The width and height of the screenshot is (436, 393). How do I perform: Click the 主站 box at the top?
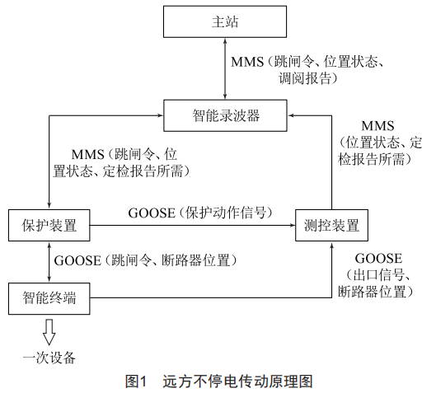[x=225, y=21]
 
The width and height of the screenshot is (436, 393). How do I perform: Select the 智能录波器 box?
[x=225, y=115]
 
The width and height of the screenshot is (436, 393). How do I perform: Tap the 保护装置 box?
[x=49, y=225]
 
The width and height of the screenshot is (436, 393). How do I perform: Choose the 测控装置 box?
[x=331, y=225]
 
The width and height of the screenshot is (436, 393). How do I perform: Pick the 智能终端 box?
[x=49, y=298]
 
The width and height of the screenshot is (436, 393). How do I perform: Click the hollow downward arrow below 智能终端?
[x=49, y=332]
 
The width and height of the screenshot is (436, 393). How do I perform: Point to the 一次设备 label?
[x=49, y=358]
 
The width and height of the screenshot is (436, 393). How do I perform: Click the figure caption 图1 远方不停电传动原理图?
[x=219, y=381]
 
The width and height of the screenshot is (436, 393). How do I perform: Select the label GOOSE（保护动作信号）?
[x=199, y=213]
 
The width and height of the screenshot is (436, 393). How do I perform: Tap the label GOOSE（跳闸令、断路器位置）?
[x=145, y=260]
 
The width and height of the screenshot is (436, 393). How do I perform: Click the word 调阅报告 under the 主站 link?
[x=305, y=78]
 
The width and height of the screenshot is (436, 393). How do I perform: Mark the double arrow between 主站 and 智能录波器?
[x=225, y=68]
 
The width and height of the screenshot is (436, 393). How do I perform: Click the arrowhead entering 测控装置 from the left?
[x=292, y=225]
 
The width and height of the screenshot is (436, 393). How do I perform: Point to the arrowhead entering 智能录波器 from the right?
[x=291, y=115]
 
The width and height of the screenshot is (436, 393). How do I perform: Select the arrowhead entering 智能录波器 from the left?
[x=160, y=115]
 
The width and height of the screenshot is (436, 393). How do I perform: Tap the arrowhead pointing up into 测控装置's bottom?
[x=331, y=245]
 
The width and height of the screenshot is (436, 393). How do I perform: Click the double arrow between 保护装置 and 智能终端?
[x=49, y=262]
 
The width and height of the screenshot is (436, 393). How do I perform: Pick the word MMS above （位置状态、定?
[x=377, y=126]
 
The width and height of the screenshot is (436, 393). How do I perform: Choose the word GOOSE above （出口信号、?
[x=378, y=259]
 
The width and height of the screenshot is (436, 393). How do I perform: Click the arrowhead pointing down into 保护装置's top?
[x=49, y=206]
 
